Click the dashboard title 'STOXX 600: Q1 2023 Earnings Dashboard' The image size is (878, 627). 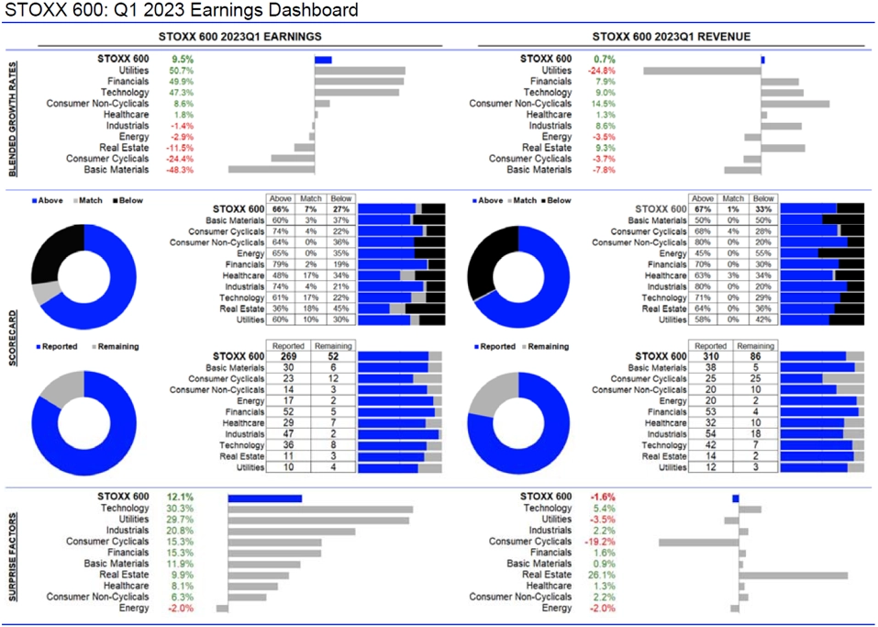tap(182, 11)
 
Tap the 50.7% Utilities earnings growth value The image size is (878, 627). tap(181, 70)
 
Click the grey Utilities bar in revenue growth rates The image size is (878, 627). tap(702, 70)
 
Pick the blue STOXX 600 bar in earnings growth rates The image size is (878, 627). tap(323, 59)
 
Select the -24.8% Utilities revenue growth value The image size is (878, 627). tap(602, 70)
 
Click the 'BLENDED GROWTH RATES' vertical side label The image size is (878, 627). tap(13, 115)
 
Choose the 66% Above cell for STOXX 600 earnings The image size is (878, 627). tap(281, 208)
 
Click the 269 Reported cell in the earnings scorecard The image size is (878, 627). tap(282, 356)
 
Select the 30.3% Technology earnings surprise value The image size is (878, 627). tap(180, 509)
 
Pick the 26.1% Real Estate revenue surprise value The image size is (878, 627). tap(602, 575)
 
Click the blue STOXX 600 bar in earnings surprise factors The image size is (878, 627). tap(264, 498)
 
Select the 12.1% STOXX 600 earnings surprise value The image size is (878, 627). tap(180, 497)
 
